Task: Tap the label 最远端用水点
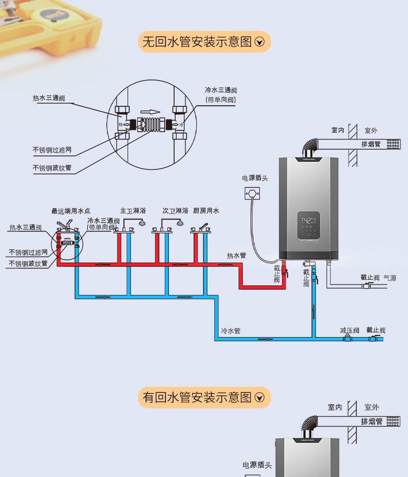(71, 211)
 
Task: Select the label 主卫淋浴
(133, 211)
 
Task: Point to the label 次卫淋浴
(175, 211)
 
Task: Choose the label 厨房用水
(206, 211)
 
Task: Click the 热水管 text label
(237, 256)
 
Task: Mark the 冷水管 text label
(230, 330)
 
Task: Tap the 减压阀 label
(350, 330)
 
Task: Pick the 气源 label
(390, 278)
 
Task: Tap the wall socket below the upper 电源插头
(253, 194)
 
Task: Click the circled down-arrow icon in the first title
(260, 42)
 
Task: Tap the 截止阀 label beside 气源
(370, 278)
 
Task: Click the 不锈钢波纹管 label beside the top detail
(52, 168)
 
